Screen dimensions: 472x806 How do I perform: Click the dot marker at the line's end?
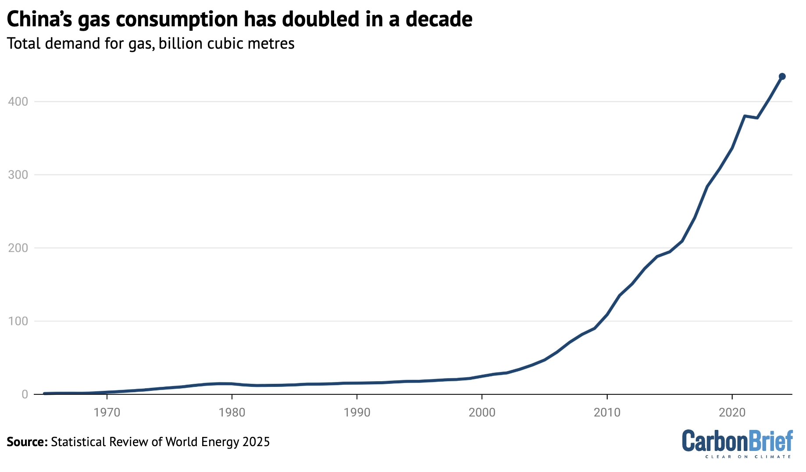point(782,76)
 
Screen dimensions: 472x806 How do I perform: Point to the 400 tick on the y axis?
point(18,102)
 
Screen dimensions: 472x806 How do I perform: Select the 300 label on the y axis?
point(18,175)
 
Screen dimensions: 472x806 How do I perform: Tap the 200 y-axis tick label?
point(18,248)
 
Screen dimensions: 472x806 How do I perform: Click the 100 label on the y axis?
point(18,322)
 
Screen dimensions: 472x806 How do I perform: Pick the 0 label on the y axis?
point(25,395)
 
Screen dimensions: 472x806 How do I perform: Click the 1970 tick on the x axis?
point(107,412)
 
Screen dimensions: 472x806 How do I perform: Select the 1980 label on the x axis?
point(232,412)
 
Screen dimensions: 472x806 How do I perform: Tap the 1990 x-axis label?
point(357,412)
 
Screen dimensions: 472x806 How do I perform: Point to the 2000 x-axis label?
point(482,412)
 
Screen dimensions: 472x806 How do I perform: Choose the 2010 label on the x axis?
point(607,412)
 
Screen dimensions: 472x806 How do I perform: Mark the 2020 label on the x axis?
point(732,412)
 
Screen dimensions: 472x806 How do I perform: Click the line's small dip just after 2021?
point(757,118)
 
